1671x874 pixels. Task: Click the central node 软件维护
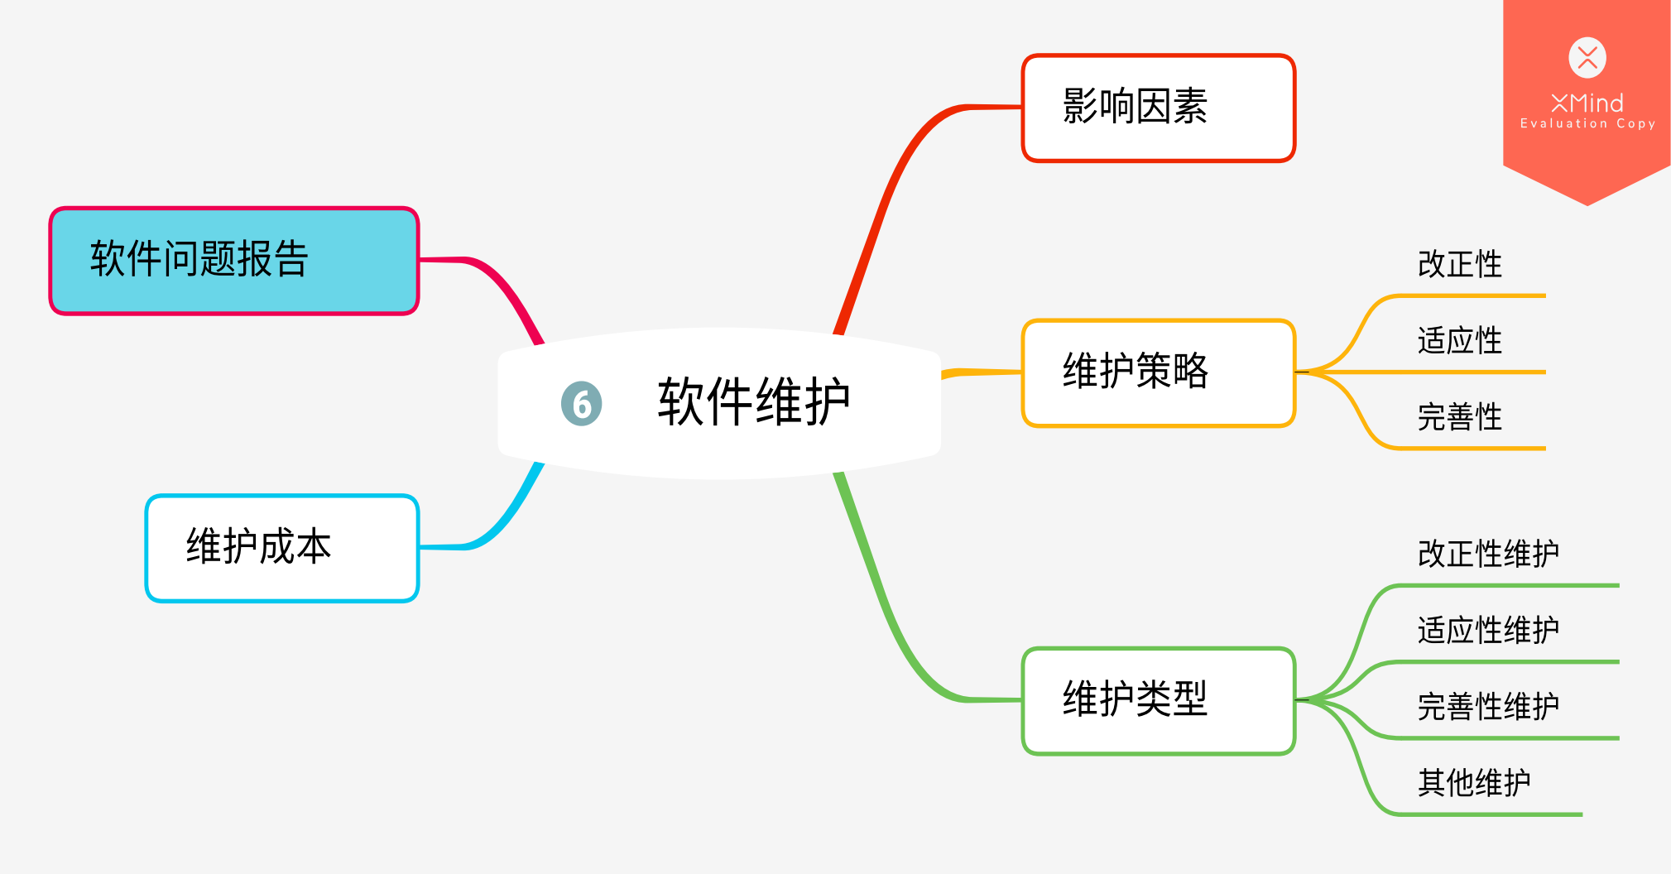click(753, 403)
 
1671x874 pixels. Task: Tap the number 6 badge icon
click(581, 404)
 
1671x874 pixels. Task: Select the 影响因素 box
click(1158, 108)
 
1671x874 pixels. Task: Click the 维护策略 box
click(1158, 372)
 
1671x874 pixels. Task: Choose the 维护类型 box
click(1158, 700)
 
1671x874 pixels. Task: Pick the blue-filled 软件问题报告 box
click(234, 261)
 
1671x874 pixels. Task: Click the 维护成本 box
click(282, 548)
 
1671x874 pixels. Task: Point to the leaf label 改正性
click(1459, 265)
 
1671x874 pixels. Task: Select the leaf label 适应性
click(1459, 341)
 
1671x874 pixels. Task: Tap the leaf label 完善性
click(1459, 417)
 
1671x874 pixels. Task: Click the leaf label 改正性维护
click(1487, 554)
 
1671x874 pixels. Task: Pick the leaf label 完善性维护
click(1487, 707)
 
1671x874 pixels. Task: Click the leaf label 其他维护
click(1473, 783)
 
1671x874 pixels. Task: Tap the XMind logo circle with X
click(1587, 58)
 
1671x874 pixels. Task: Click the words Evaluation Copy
click(1587, 123)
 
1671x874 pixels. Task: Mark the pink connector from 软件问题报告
click(505, 286)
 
